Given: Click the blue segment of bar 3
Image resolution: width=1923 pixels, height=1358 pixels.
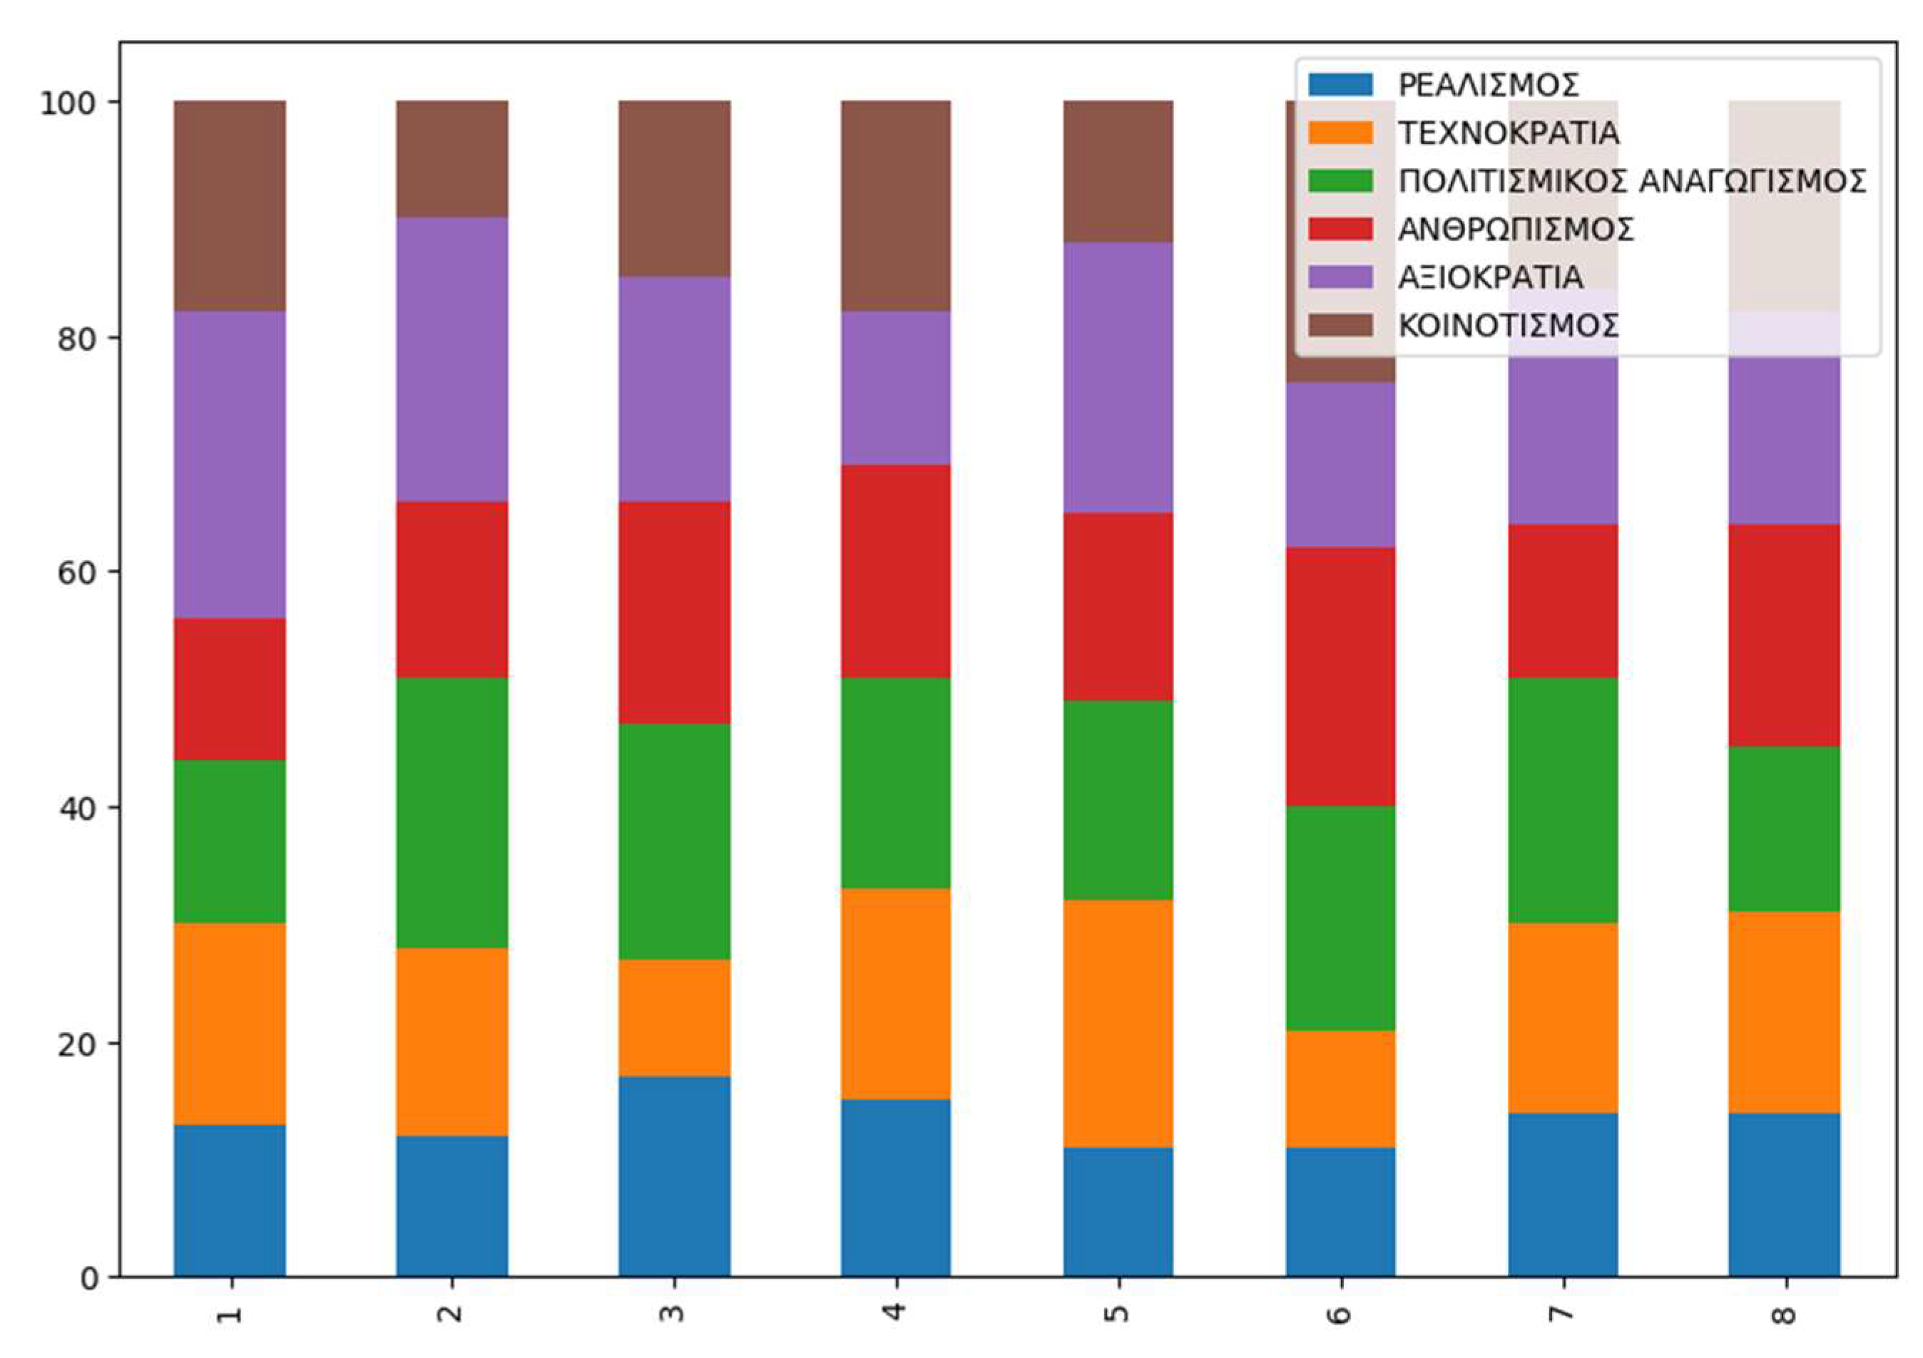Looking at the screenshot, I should coord(674,1176).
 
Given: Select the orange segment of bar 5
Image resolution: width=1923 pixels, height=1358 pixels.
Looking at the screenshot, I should coord(1118,1023).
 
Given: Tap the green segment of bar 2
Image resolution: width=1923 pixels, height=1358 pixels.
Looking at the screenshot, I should coord(452,812).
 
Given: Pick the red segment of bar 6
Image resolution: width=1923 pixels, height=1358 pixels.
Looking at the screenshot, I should coord(1340,677).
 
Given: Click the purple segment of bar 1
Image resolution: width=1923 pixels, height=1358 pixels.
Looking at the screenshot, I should coord(230,465).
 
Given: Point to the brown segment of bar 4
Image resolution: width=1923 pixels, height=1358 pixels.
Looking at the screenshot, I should coord(895,206).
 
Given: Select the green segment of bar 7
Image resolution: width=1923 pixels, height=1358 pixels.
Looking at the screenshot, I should coord(1563,801).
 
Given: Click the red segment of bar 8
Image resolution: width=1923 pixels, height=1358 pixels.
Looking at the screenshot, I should coord(1784,635).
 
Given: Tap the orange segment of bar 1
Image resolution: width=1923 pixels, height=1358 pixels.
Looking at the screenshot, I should coord(230,1023).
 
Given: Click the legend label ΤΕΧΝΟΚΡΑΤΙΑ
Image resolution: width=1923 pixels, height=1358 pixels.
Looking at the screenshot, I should coord(1509,133).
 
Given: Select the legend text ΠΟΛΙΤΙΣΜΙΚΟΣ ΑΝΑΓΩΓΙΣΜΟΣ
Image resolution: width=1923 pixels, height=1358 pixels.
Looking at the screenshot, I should coord(1631,181).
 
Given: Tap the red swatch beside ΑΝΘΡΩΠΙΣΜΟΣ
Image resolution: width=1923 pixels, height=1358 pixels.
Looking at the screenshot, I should coord(1340,229).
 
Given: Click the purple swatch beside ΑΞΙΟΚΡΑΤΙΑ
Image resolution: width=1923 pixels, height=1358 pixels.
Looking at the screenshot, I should coord(1340,277).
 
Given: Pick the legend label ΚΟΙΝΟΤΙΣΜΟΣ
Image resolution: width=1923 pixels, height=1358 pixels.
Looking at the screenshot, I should coord(1509,326).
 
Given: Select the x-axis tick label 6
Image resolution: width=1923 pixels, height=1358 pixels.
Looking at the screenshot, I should coord(1340,1313).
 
